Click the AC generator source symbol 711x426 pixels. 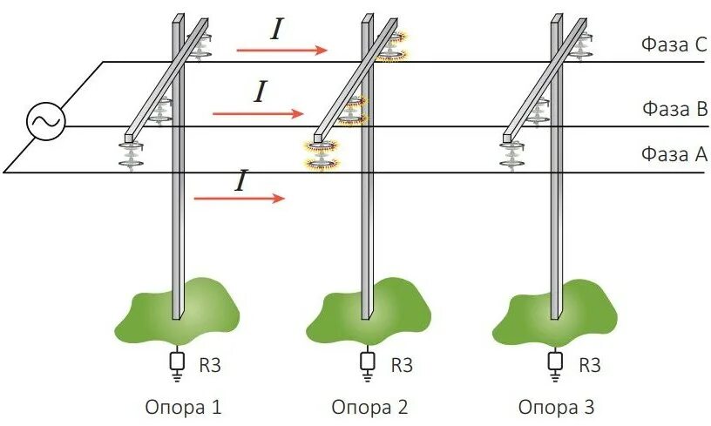coord(43,123)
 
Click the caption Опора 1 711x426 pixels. coord(183,407)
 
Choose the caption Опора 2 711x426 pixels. coord(369,407)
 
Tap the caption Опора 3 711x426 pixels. coord(557,407)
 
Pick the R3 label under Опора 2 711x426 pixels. coord(401,364)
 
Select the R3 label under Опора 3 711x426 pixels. coord(590,364)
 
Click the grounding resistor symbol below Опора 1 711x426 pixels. coord(179,360)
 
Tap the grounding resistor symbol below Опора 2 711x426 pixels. coord(367,360)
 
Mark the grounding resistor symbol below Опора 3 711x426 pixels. coord(555,360)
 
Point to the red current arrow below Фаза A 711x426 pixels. coord(239,199)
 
